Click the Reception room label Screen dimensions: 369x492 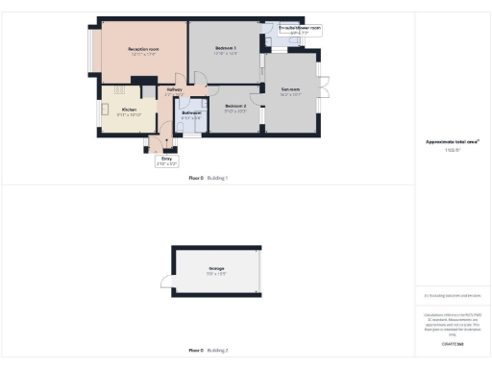tap(142, 48)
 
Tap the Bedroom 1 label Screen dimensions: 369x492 tap(225, 48)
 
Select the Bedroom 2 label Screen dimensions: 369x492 tap(235, 107)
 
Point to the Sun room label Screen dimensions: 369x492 tap(291, 90)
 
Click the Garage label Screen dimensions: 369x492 tap(216, 269)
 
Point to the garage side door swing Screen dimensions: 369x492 tap(167, 283)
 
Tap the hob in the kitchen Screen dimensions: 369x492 tap(122, 91)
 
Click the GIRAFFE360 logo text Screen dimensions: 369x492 tap(452, 342)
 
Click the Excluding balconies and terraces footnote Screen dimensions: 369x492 tap(452, 296)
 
